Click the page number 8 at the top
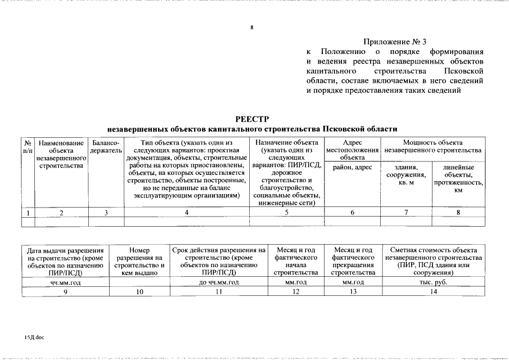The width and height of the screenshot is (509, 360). click(x=252, y=27)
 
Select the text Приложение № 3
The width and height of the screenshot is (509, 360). click(x=395, y=42)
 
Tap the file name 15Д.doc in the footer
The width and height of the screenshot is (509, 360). click(x=34, y=337)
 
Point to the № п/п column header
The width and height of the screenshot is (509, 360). click(x=28, y=147)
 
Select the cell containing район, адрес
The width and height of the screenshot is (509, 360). click(x=352, y=168)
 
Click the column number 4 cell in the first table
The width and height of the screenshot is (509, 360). click(x=186, y=213)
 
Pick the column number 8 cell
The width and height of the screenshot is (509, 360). click(x=458, y=213)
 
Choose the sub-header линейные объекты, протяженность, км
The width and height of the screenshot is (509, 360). click(x=458, y=179)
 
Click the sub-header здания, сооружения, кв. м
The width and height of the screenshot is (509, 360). click(x=406, y=175)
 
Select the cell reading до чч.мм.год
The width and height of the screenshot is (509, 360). click(x=219, y=282)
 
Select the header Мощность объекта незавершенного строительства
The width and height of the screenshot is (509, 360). click(x=432, y=147)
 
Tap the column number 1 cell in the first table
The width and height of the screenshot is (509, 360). click(x=28, y=213)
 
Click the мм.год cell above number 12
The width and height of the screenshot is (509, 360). click(x=295, y=282)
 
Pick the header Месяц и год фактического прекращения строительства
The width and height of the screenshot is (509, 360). click(x=353, y=261)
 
